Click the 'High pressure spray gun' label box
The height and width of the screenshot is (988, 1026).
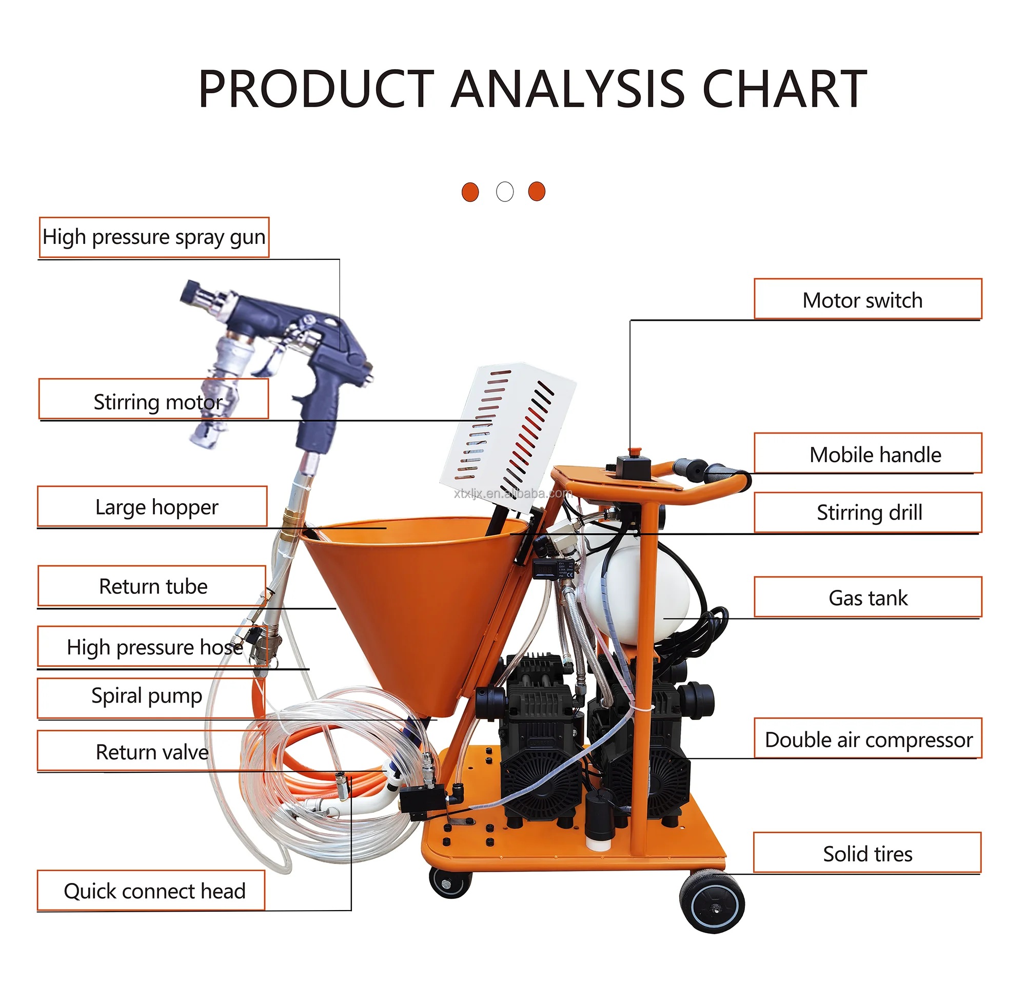tap(154, 237)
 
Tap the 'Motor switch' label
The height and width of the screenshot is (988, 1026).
tap(867, 300)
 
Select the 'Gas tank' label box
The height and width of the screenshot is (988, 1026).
tap(867, 598)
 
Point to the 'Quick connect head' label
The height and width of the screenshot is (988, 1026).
tap(154, 891)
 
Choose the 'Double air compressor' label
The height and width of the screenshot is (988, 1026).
tap(867, 739)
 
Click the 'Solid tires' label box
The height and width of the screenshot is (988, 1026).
tap(867, 854)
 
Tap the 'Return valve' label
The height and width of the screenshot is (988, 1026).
tap(152, 752)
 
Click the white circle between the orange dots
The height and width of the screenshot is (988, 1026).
tap(505, 192)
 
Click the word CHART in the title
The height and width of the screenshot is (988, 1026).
tap(784, 90)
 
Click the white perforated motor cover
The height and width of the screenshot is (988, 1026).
tap(508, 434)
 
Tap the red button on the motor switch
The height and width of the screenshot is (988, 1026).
tap(635, 450)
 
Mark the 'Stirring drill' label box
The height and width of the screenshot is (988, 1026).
tap(867, 512)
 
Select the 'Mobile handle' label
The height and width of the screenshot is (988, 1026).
tap(867, 454)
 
